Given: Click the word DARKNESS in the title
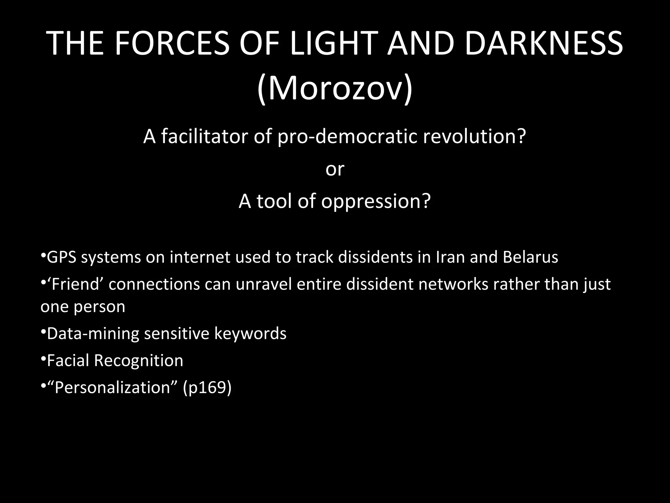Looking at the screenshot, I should click(x=543, y=44).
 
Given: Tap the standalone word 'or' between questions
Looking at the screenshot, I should click(x=335, y=169).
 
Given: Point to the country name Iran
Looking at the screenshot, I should click(x=450, y=257).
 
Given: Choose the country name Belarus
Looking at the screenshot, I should click(x=530, y=257).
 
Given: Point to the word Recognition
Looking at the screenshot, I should click(x=138, y=361).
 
